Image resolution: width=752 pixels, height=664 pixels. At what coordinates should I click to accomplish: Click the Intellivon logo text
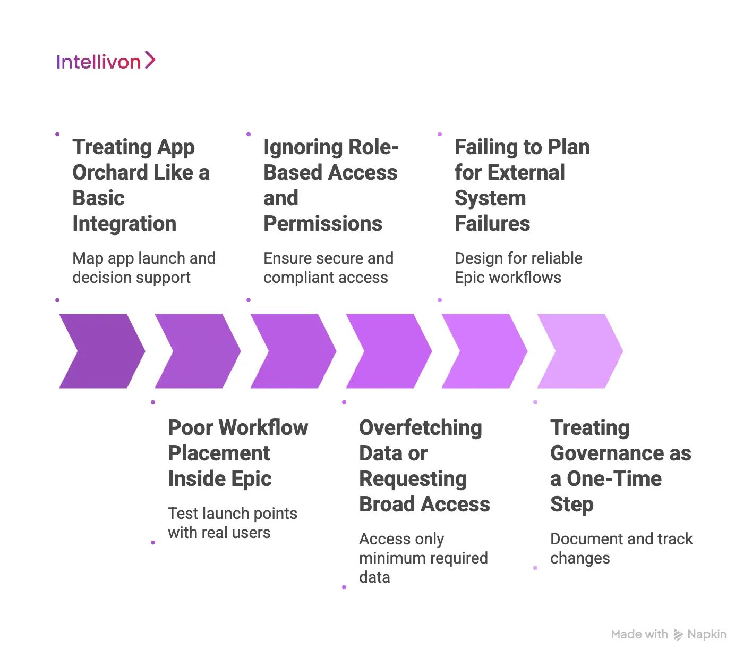coord(98,62)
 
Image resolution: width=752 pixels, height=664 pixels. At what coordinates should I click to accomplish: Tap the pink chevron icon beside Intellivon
coord(150,60)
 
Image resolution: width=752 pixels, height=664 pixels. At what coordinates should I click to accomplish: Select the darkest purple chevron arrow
coord(101,351)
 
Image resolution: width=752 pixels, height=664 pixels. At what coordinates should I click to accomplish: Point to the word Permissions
coord(322,224)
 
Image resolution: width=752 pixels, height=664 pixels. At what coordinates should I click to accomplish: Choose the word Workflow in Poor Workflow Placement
coord(264,428)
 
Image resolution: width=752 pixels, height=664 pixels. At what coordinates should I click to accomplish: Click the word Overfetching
coord(421,428)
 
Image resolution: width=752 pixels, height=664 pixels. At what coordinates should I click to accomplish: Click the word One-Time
coord(614,479)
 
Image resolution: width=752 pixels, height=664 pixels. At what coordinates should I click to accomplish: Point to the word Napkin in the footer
coord(707,634)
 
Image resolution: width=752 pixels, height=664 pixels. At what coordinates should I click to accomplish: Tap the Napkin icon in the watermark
coord(678,635)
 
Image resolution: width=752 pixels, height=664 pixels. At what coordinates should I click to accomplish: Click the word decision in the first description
coord(101,278)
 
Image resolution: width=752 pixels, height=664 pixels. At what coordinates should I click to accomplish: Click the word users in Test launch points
coord(254,533)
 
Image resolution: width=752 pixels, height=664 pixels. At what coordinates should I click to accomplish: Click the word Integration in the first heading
coord(124,224)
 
